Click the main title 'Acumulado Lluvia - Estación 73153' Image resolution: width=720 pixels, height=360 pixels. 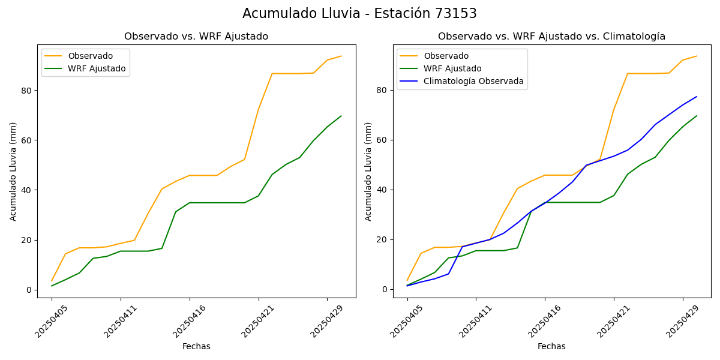click(359, 14)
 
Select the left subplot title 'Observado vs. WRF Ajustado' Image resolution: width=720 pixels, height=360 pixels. click(196, 37)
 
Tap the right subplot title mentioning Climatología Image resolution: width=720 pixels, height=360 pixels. click(551, 37)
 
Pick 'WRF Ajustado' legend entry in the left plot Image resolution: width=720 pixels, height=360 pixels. click(97, 68)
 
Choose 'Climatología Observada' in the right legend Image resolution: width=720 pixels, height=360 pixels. click(473, 81)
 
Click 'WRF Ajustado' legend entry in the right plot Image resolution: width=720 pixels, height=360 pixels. click(452, 68)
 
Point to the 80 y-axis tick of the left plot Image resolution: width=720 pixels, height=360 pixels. click(26, 90)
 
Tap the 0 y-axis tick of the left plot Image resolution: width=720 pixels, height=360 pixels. click(29, 290)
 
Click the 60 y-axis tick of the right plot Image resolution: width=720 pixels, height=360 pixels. click(382, 140)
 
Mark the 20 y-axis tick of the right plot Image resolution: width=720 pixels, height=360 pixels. click(382, 239)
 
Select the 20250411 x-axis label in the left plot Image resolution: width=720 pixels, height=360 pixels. click(121, 321)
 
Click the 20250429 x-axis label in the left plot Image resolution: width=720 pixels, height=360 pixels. click(328, 321)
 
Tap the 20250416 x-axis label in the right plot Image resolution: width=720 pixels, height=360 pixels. click(545, 321)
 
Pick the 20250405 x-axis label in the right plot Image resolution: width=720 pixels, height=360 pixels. click(408, 321)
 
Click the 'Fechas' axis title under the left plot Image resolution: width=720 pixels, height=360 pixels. click(196, 346)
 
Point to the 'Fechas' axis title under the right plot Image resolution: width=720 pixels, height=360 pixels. click(551, 346)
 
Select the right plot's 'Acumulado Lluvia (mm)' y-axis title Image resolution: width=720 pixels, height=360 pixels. click(368, 171)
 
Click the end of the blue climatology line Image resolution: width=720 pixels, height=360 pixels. click(697, 97)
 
